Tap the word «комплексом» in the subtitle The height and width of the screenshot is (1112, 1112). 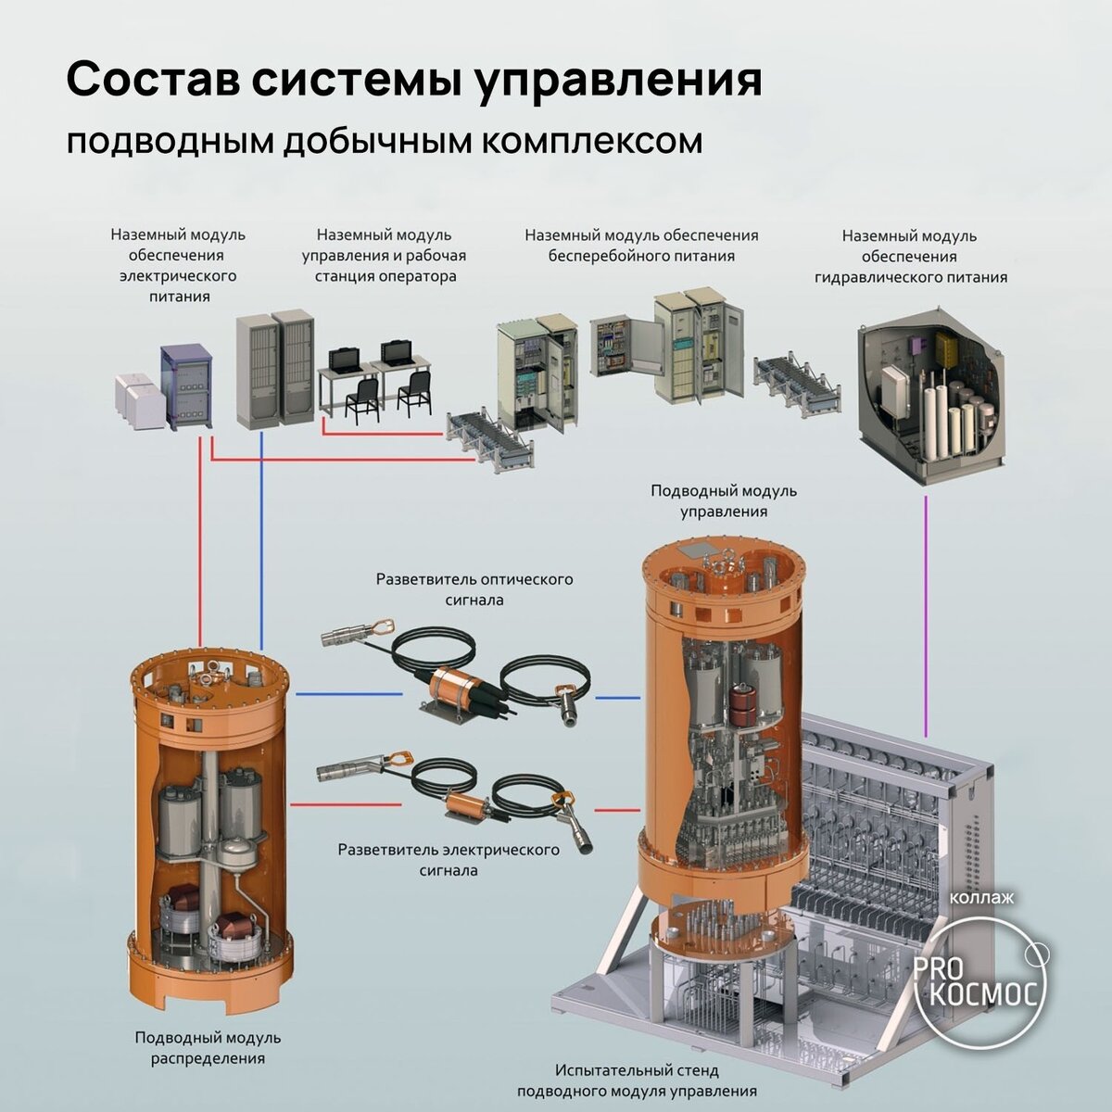591,143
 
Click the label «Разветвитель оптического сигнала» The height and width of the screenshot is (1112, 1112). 474,589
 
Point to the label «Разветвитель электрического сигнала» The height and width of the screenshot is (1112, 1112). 449,859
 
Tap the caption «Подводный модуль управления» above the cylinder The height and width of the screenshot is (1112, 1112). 724,501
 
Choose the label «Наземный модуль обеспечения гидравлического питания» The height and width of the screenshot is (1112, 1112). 910,256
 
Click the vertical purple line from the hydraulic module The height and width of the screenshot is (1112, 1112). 926,616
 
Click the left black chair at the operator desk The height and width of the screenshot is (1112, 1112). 361,398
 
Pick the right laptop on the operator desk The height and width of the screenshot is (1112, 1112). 398,351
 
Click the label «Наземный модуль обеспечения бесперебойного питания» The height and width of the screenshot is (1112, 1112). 641,246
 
